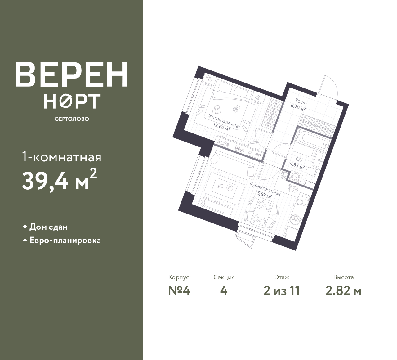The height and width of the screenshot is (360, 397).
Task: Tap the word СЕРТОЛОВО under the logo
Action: click(x=72, y=119)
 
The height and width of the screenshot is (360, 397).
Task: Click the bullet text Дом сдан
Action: click(x=48, y=227)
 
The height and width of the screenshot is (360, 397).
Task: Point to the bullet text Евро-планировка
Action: click(x=65, y=241)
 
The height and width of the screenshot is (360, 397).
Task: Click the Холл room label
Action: click(x=300, y=102)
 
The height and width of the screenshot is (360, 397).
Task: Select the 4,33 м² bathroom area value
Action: click(x=297, y=165)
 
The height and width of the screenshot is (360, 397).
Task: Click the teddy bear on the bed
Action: click(x=236, y=109)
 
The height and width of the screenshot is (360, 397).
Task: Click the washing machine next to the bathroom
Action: click(x=296, y=177)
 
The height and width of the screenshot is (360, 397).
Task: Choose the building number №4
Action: click(x=179, y=291)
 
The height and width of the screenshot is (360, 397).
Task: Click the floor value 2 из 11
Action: click(x=282, y=291)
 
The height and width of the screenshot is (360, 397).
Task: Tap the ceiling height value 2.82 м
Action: click(x=343, y=291)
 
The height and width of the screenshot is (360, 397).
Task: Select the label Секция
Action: click(x=224, y=277)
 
